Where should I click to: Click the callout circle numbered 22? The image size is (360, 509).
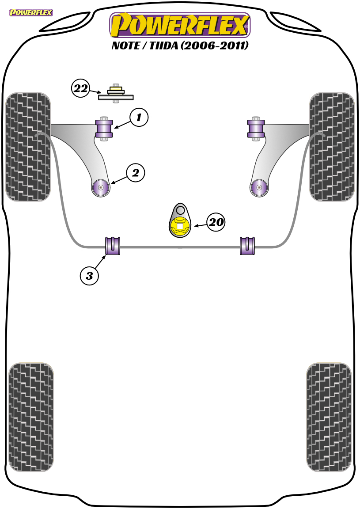(81, 88)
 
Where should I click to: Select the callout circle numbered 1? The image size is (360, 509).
(139, 117)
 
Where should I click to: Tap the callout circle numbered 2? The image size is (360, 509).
(135, 173)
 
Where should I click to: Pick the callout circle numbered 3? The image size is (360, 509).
(89, 276)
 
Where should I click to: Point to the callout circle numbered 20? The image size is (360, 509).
(216, 222)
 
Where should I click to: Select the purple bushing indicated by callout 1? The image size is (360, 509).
(104, 129)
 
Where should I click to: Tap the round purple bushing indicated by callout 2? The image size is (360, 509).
(101, 187)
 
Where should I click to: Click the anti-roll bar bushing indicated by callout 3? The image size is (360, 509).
(113, 246)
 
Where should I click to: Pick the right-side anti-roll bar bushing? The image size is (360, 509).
(247, 246)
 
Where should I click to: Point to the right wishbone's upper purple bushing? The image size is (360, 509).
(256, 129)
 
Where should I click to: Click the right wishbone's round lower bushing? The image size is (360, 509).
(259, 187)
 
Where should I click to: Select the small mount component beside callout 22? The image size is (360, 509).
(116, 94)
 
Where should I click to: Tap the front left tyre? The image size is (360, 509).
(28, 147)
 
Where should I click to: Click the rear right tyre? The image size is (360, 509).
(329, 417)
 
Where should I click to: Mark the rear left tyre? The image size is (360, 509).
(31, 417)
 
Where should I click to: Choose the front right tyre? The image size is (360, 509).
(332, 147)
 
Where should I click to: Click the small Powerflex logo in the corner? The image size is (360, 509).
(31, 13)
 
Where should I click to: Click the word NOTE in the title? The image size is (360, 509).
(125, 46)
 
